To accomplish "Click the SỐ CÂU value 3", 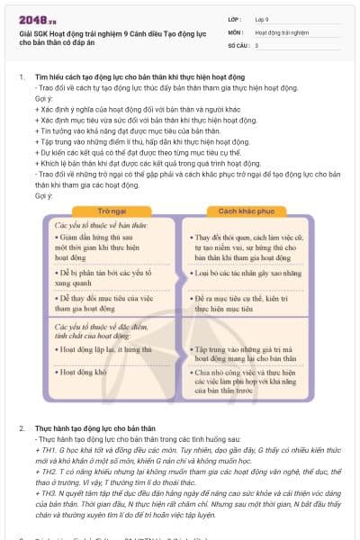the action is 257,44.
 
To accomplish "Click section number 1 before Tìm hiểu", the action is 22,77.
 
